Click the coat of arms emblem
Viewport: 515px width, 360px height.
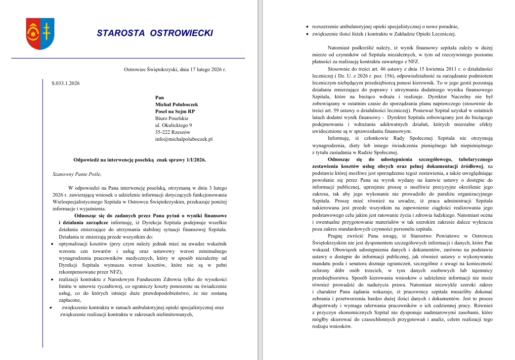point(40,34)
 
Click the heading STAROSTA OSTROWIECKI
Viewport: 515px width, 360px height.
point(155,33)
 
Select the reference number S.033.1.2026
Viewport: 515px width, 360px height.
point(65,83)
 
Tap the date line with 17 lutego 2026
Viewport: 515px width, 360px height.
point(174,69)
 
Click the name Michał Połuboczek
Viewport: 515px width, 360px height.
point(176,105)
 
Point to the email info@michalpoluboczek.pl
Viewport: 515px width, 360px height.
point(183,139)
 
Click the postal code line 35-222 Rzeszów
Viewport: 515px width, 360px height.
point(173,132)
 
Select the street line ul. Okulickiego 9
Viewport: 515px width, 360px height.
point(173,125)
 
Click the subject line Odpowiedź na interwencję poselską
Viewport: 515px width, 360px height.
point(139,160)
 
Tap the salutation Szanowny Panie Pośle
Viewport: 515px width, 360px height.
point(77,174)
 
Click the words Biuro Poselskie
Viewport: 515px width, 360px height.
point(172,119)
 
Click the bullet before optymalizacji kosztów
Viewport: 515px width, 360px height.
point(53,244)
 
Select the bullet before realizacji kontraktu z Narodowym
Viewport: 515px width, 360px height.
point(53,280)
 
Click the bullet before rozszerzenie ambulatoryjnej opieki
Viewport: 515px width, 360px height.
point(308,27)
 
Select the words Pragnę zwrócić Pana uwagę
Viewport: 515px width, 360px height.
point(357,236)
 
